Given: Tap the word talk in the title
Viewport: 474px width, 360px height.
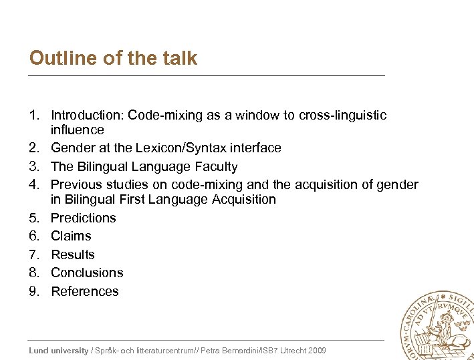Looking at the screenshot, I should [179, 58].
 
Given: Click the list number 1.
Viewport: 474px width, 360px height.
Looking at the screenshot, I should [35, 116].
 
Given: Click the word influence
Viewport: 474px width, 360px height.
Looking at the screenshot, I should [78, 130].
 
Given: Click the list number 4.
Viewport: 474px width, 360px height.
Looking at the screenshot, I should [35, 184].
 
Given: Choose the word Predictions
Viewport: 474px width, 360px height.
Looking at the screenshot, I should [84, 218].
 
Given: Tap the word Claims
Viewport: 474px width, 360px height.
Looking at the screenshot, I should [71, 236].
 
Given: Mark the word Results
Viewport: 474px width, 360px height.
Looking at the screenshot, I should [73, 254].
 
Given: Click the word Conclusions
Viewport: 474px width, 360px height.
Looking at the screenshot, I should [87, 273].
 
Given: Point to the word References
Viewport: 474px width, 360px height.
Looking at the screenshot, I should [85, 291].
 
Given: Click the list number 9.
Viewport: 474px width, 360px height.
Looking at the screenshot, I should [35, 291].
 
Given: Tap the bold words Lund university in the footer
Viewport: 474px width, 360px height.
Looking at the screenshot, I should [59, 351].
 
